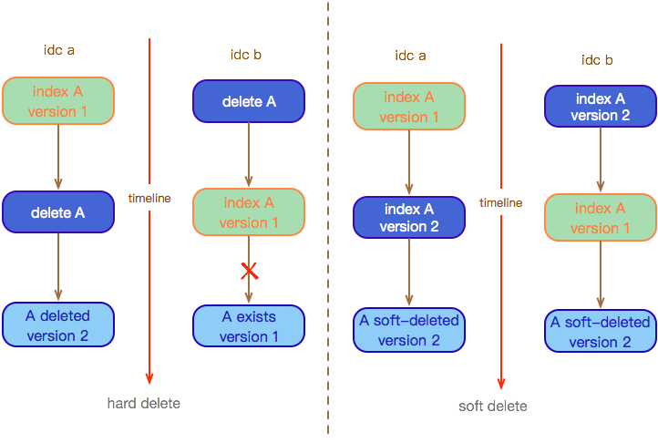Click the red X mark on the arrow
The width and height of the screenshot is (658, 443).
coord(250,271)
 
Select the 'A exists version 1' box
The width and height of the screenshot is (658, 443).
coord(249,325)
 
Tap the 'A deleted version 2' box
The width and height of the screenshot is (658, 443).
coord(58,325)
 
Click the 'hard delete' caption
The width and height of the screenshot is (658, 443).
coord(144,403)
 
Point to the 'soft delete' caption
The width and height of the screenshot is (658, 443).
coord(493,406)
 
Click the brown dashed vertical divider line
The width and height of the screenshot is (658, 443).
coord(328,218)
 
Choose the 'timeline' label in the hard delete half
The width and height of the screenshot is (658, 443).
coord(149,198)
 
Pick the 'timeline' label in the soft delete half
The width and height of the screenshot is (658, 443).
coord(500,203)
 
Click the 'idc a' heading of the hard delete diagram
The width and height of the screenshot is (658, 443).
coord(59,50)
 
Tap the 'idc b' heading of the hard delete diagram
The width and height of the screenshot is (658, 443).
coord(246,55)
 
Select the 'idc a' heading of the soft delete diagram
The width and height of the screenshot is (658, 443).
coord(410,56)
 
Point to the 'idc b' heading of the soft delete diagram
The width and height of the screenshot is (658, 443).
coord(597,60)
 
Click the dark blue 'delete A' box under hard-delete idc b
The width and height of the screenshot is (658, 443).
coord(249,101)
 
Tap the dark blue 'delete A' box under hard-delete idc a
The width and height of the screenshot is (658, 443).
coord(58,212)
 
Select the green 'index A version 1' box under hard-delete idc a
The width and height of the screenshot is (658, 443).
coord(58,101)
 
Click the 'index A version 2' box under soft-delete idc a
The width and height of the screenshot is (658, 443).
coord(409,218)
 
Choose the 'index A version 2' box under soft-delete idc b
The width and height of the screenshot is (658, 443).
coord(601,107)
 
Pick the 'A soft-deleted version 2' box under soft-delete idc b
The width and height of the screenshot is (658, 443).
coord(601,331)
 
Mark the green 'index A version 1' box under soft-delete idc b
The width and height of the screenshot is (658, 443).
coord(601,218)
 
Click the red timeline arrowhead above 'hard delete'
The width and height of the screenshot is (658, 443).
coord(149,378)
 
